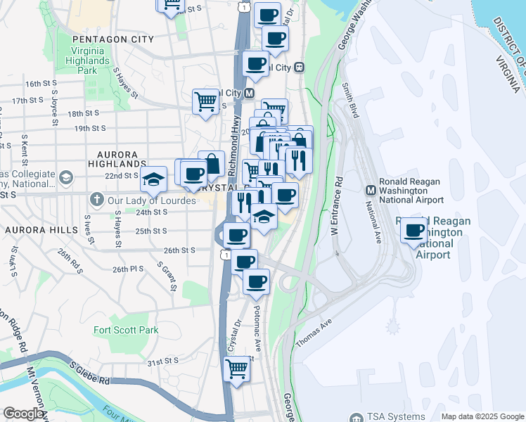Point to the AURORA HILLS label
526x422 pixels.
[36, 230]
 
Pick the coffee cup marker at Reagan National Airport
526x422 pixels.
[414, 230]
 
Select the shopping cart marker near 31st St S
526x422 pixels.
[237, 367]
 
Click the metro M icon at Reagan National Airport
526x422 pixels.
[371, 190]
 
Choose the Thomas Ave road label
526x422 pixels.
[313, 332]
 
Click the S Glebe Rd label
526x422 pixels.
[90, 373]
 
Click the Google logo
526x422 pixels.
[23, 414]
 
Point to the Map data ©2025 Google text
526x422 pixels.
[482, 416]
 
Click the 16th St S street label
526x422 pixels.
[41, 83]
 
